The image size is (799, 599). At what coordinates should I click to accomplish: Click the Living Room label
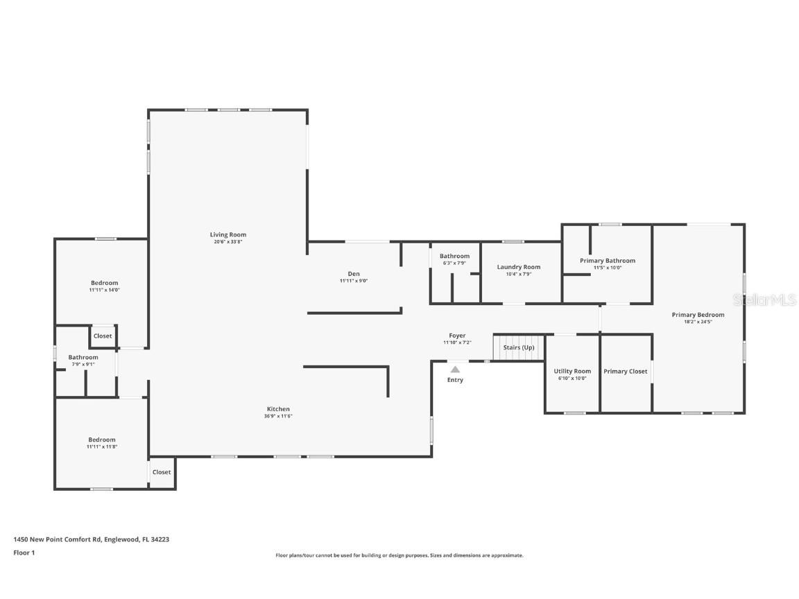click(x=228, y=234)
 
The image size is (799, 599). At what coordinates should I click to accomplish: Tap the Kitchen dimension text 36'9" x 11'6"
click(x=278, y=416)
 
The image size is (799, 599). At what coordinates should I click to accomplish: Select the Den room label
click(x=354, y=273)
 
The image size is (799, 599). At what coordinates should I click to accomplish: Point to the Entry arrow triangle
click(x=455, y=370)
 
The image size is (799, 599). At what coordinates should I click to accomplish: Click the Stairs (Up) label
click(x=519, y=347)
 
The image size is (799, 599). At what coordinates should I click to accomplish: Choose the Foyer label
click(x=457, y=336)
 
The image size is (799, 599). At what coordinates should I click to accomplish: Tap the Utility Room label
click(x=572, y=371)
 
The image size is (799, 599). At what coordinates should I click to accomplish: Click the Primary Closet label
click(x=625, y=371)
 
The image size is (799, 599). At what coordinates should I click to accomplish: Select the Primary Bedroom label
click(x=698, y=315)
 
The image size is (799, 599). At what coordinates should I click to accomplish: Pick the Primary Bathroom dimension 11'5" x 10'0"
click(x=607, y=268)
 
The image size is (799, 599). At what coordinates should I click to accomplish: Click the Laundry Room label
click(x=518, y=267)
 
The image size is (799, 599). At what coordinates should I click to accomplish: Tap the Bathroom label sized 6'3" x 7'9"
click(x=454, y=256)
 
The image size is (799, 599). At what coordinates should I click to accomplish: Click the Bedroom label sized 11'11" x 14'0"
click(x=104, y=283)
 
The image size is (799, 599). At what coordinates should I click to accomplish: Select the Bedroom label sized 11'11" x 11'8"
click(x=101, y=440)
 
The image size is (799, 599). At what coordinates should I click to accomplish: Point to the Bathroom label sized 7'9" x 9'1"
click(x=83, y=357)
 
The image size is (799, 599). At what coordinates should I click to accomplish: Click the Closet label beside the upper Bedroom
click(x=103, y=336)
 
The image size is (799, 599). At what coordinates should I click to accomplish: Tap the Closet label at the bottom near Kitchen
click(x=162, y=472)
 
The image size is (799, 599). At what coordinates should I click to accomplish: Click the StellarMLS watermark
click(x=764, y=299)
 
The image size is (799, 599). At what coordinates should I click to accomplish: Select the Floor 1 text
click(x=24, y=553)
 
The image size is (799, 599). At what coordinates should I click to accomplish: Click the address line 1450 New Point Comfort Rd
click(x=91, y=539)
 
